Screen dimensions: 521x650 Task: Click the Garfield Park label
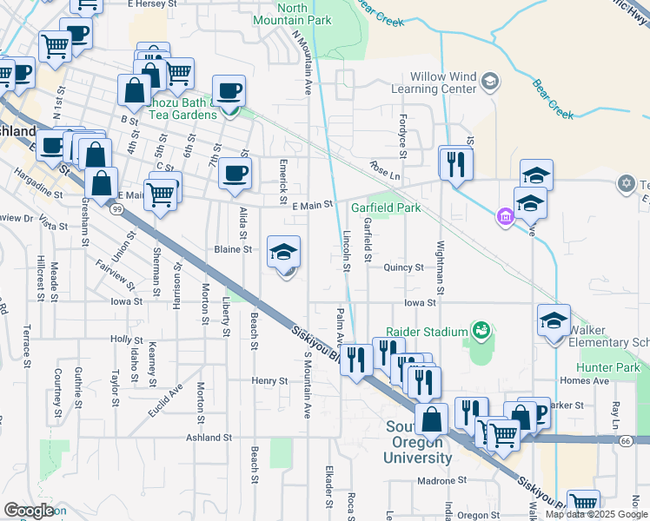pos(386,208)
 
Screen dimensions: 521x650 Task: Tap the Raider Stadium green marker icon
pos(479,330)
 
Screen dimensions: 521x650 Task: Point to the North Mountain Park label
pos(281,13)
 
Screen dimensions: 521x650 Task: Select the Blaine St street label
pos(233,249)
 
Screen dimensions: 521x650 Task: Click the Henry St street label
pos(269,381)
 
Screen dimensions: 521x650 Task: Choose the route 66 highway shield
pos(626,441)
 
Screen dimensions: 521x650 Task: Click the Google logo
pos(29,511)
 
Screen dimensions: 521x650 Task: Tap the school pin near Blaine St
pos(283,253)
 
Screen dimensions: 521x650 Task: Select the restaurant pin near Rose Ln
pos(455,162)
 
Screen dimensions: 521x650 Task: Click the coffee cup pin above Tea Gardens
pos(229,90)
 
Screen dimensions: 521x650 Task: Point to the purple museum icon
pos(505,216)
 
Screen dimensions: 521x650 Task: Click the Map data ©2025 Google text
pos(595,514)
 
